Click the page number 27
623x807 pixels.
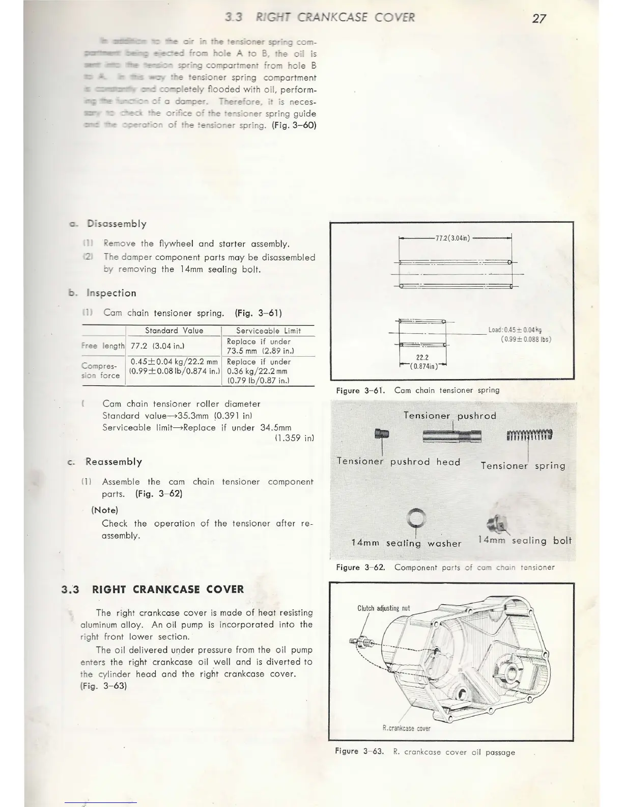[x=539, y=18]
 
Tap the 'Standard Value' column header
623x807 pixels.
[x=174, y=331]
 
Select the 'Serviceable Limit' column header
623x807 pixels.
[x=268, y=331]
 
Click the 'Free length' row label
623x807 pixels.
[x=103, y=346]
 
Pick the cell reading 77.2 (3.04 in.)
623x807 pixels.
[x=158, y=346]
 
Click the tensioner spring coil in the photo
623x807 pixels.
[x=529, y=435]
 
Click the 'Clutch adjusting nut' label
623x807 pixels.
[x=383, y=608]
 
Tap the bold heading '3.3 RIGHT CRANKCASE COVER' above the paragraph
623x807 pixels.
[x=153, y=589]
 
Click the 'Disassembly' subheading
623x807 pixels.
[x=117, y=224]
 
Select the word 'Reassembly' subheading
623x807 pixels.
[x=114, y=462]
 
